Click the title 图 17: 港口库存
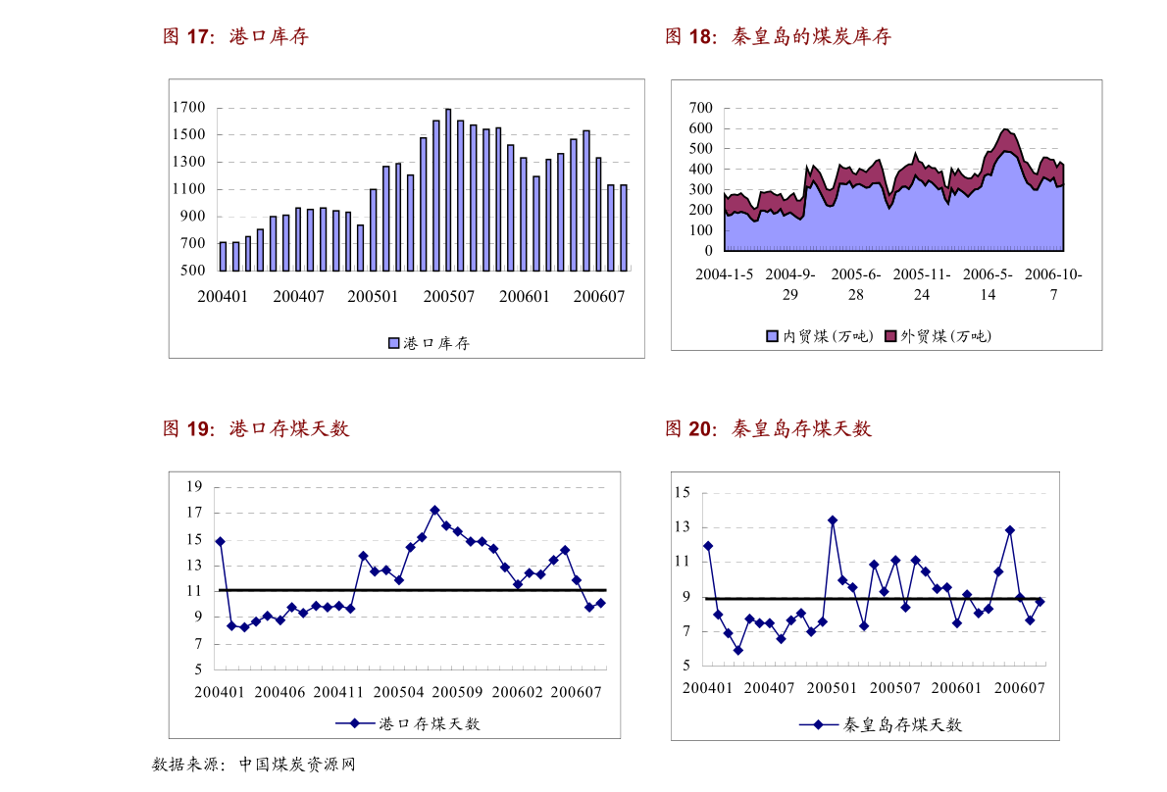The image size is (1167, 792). click(x=235, y=37)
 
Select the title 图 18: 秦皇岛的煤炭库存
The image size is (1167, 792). click(x=778, y=37)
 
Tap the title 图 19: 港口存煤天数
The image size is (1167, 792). click(x=256, y=428)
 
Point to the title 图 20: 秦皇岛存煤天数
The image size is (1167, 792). click(x=768, y=428)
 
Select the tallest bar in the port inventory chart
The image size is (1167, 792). click(x=448, y=189)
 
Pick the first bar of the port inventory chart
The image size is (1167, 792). click(x=223, y=256)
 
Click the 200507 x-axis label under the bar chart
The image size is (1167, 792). click(x=448, y=296)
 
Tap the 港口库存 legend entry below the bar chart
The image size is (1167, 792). click(x=429, y=343)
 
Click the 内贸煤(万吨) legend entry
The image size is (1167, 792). click(x=819, y=336)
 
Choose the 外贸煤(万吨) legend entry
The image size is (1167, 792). click(x=938, y=336)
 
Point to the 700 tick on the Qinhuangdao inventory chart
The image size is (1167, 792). click(x=700, y=107)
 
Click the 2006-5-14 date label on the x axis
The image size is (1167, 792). click(x=988, y=284)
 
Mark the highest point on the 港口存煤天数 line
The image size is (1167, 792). click(x=434, y=510)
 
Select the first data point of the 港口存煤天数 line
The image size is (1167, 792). click(x=220, y=541)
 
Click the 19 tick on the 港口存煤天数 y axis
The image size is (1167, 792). click(x=194, y=487)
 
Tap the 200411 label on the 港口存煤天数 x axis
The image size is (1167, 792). click(x=339, y=692)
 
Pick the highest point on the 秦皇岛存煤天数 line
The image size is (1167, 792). click(x=833, y=520)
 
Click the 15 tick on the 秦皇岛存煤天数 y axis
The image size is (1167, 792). click(x=684, y=492)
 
